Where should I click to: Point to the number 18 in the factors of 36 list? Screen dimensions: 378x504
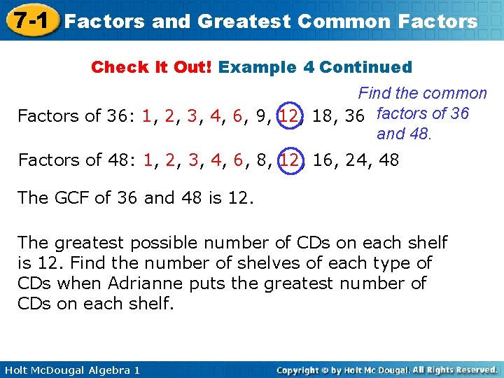[x=323, y=116]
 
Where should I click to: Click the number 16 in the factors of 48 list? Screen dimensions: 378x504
[x=323, y=160]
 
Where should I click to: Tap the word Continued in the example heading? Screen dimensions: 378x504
[x=365, y=68]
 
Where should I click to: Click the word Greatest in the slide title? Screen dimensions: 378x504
[x=243, y=21]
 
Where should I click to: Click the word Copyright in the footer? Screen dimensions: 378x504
[x=302, y=370]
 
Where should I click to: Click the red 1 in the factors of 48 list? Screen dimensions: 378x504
[x=147, y=160]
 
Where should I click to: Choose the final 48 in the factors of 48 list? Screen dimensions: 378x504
[x=389, y=160]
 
